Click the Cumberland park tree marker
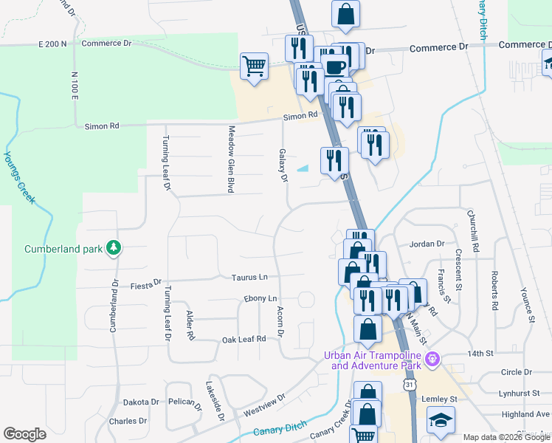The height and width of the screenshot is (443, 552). click(113, 248)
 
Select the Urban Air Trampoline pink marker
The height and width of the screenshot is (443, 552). click(433, 360)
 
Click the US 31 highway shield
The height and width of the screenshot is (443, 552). click(410, 385)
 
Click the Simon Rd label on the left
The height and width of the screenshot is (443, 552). click(104, 126)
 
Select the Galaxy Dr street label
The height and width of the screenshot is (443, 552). click(283, 164)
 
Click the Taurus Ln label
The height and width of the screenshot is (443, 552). click(249, 278)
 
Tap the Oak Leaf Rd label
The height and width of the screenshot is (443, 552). click(244, 340)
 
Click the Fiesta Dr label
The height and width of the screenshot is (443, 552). click(145, 283)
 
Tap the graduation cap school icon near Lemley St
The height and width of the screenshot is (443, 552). click(441, 421)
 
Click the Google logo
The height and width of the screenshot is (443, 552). click(24, 434)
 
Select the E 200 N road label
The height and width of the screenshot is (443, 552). click(52, 44)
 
